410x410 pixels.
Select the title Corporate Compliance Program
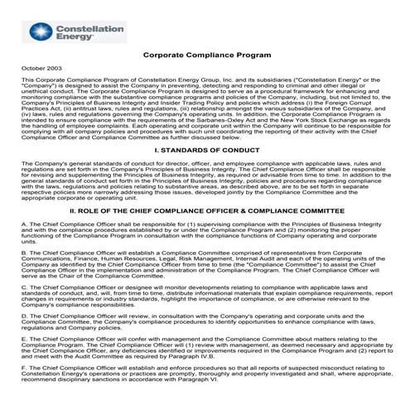pyautogui.click(x=206, y=55)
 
